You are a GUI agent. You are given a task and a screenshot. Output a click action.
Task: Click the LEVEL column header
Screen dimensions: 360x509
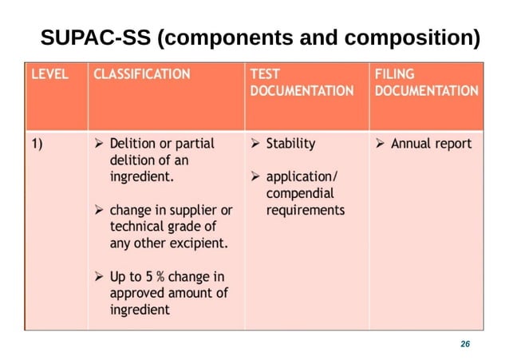coord(49,74)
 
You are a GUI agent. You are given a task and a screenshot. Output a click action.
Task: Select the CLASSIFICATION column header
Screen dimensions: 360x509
coord(141,74)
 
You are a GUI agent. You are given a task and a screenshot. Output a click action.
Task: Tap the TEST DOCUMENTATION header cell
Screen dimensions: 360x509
coord(302,82)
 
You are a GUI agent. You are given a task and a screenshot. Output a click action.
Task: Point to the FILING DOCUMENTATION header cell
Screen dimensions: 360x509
coord(426,82)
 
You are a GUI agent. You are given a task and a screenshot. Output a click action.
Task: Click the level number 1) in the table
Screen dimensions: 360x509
coord(37,144)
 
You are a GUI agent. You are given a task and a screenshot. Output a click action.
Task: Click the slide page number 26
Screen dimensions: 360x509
coord(465,343)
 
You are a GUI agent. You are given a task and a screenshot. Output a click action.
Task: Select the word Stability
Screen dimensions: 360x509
coord(290,144)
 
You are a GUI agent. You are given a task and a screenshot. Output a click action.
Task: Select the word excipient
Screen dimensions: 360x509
coord(196,243)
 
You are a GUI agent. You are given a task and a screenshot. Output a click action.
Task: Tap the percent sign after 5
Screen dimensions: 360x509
coord(160,277)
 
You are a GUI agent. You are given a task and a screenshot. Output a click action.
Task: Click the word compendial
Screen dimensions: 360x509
coord(300,193)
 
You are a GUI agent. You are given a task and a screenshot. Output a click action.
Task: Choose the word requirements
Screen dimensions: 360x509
coord(306,210)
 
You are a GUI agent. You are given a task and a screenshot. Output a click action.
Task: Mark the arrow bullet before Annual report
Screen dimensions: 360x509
coord(381,144)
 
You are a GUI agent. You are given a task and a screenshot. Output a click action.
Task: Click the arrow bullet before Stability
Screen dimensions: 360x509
coord(255,144)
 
